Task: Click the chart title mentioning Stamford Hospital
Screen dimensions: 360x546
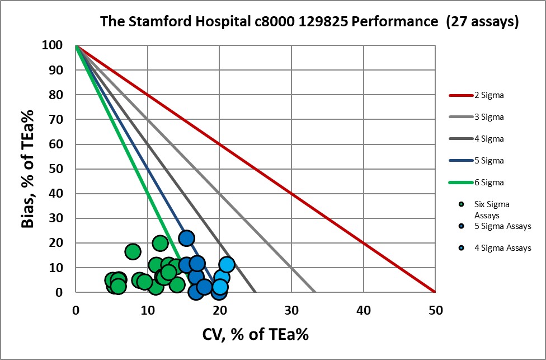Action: click(309, 22)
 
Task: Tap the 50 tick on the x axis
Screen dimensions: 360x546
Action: click(435, 309)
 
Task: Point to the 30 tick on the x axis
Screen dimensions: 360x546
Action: click(291, 309)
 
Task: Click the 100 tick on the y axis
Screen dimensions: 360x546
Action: click(54, 45)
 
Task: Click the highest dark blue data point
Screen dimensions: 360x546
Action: click(186, 238)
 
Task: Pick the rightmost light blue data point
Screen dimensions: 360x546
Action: click(227, 264)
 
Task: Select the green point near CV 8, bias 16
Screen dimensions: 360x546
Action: click(133, 251)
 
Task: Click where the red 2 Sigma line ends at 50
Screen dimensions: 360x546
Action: click(435, 292)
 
